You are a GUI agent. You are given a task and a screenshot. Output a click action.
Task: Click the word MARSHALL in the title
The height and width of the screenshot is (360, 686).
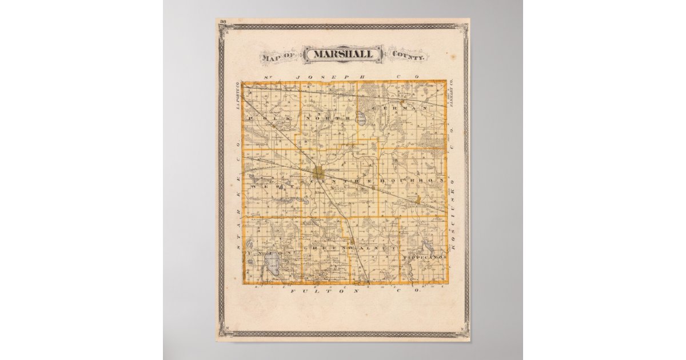[x=343, y=54]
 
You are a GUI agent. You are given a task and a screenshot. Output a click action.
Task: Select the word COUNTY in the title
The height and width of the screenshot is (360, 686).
[x=408, y=55]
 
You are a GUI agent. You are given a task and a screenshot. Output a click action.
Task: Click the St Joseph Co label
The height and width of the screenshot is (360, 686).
[x=343, y=77]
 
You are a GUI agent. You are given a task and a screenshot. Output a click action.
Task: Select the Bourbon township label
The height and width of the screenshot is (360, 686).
[x=417, y=180]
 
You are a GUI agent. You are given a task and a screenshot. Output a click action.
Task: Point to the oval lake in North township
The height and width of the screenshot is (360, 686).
[x=361, y=121]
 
